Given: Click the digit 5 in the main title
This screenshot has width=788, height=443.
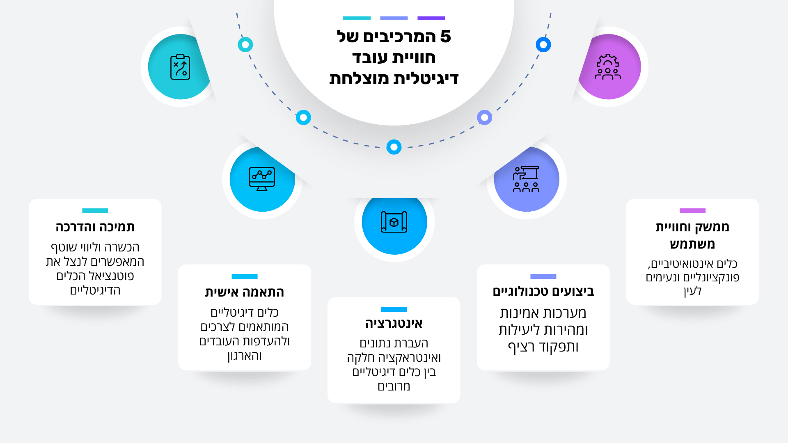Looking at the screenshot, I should click(445, 37).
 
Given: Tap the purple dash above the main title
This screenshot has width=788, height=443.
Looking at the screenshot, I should click(431, 18).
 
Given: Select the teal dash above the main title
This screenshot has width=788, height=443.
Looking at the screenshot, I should click(357, 18).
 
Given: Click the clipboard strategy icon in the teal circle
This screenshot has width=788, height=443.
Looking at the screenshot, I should click(180, 67).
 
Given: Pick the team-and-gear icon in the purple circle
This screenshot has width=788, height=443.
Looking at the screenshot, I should click(608, 67).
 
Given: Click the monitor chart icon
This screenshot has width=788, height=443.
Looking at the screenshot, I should click(262, 179).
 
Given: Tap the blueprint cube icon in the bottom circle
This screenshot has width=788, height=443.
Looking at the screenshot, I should click(394, 222).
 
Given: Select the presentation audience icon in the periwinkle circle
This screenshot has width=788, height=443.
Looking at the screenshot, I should click(526, 179).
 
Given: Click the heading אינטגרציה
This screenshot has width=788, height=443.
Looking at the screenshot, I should click(394, 323).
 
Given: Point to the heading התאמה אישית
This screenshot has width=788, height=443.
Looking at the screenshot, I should click(245, 292).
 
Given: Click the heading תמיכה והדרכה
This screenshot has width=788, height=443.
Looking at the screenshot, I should click(95, 227).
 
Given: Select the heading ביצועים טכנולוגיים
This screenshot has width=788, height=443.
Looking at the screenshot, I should click(543, 291).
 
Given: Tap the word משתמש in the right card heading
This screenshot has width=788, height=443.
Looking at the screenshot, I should click(692, 244).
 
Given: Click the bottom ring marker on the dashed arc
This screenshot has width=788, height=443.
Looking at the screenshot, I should click(394, 147).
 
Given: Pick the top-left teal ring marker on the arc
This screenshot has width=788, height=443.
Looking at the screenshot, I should click(245, 44).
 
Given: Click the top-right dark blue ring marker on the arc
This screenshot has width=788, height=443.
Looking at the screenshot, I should click(543, 44).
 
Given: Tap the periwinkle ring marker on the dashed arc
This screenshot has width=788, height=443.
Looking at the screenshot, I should click(485, 118).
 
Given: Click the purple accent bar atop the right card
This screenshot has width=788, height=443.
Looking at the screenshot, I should click(692, 211).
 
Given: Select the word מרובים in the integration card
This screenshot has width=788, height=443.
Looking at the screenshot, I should click(394, 386).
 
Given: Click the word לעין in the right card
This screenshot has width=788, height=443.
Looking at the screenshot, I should click(692, 291).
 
